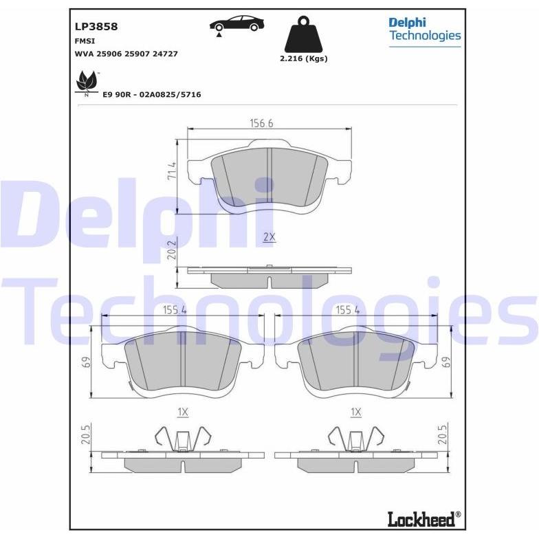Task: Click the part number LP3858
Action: click(x=96, y=26)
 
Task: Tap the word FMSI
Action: click(x=85, y=41)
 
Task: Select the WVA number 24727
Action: click(x=165, y=54)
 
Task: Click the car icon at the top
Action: click(x=236, y=25)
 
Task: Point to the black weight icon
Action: click(x=304, y=34)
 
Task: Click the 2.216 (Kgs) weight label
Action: click(x=304, y=59)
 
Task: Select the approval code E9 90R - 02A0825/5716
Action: click(x=152, y=95)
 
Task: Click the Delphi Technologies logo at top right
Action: click(x=425, y=32)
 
